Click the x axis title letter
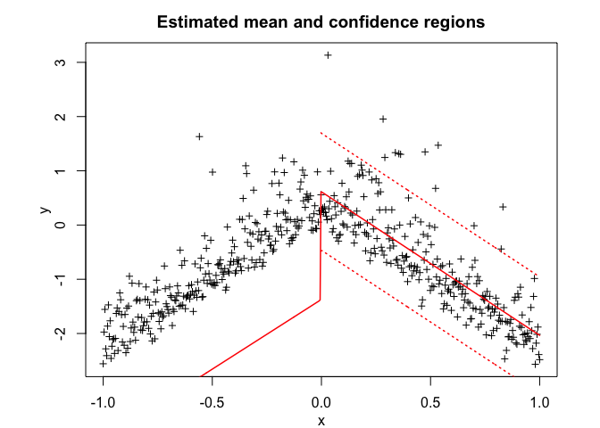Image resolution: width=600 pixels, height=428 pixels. pos(321,421)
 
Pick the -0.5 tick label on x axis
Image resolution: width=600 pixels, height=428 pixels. pos(212,400)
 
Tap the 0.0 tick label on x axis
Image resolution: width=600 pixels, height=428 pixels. pos(321,400)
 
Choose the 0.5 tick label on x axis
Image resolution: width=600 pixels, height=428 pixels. pos(431,400)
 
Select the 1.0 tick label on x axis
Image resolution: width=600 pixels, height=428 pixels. pos(540,400)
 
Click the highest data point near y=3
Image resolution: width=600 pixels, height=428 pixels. pos(328,55)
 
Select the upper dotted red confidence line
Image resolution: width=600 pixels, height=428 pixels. pos(429,203)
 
